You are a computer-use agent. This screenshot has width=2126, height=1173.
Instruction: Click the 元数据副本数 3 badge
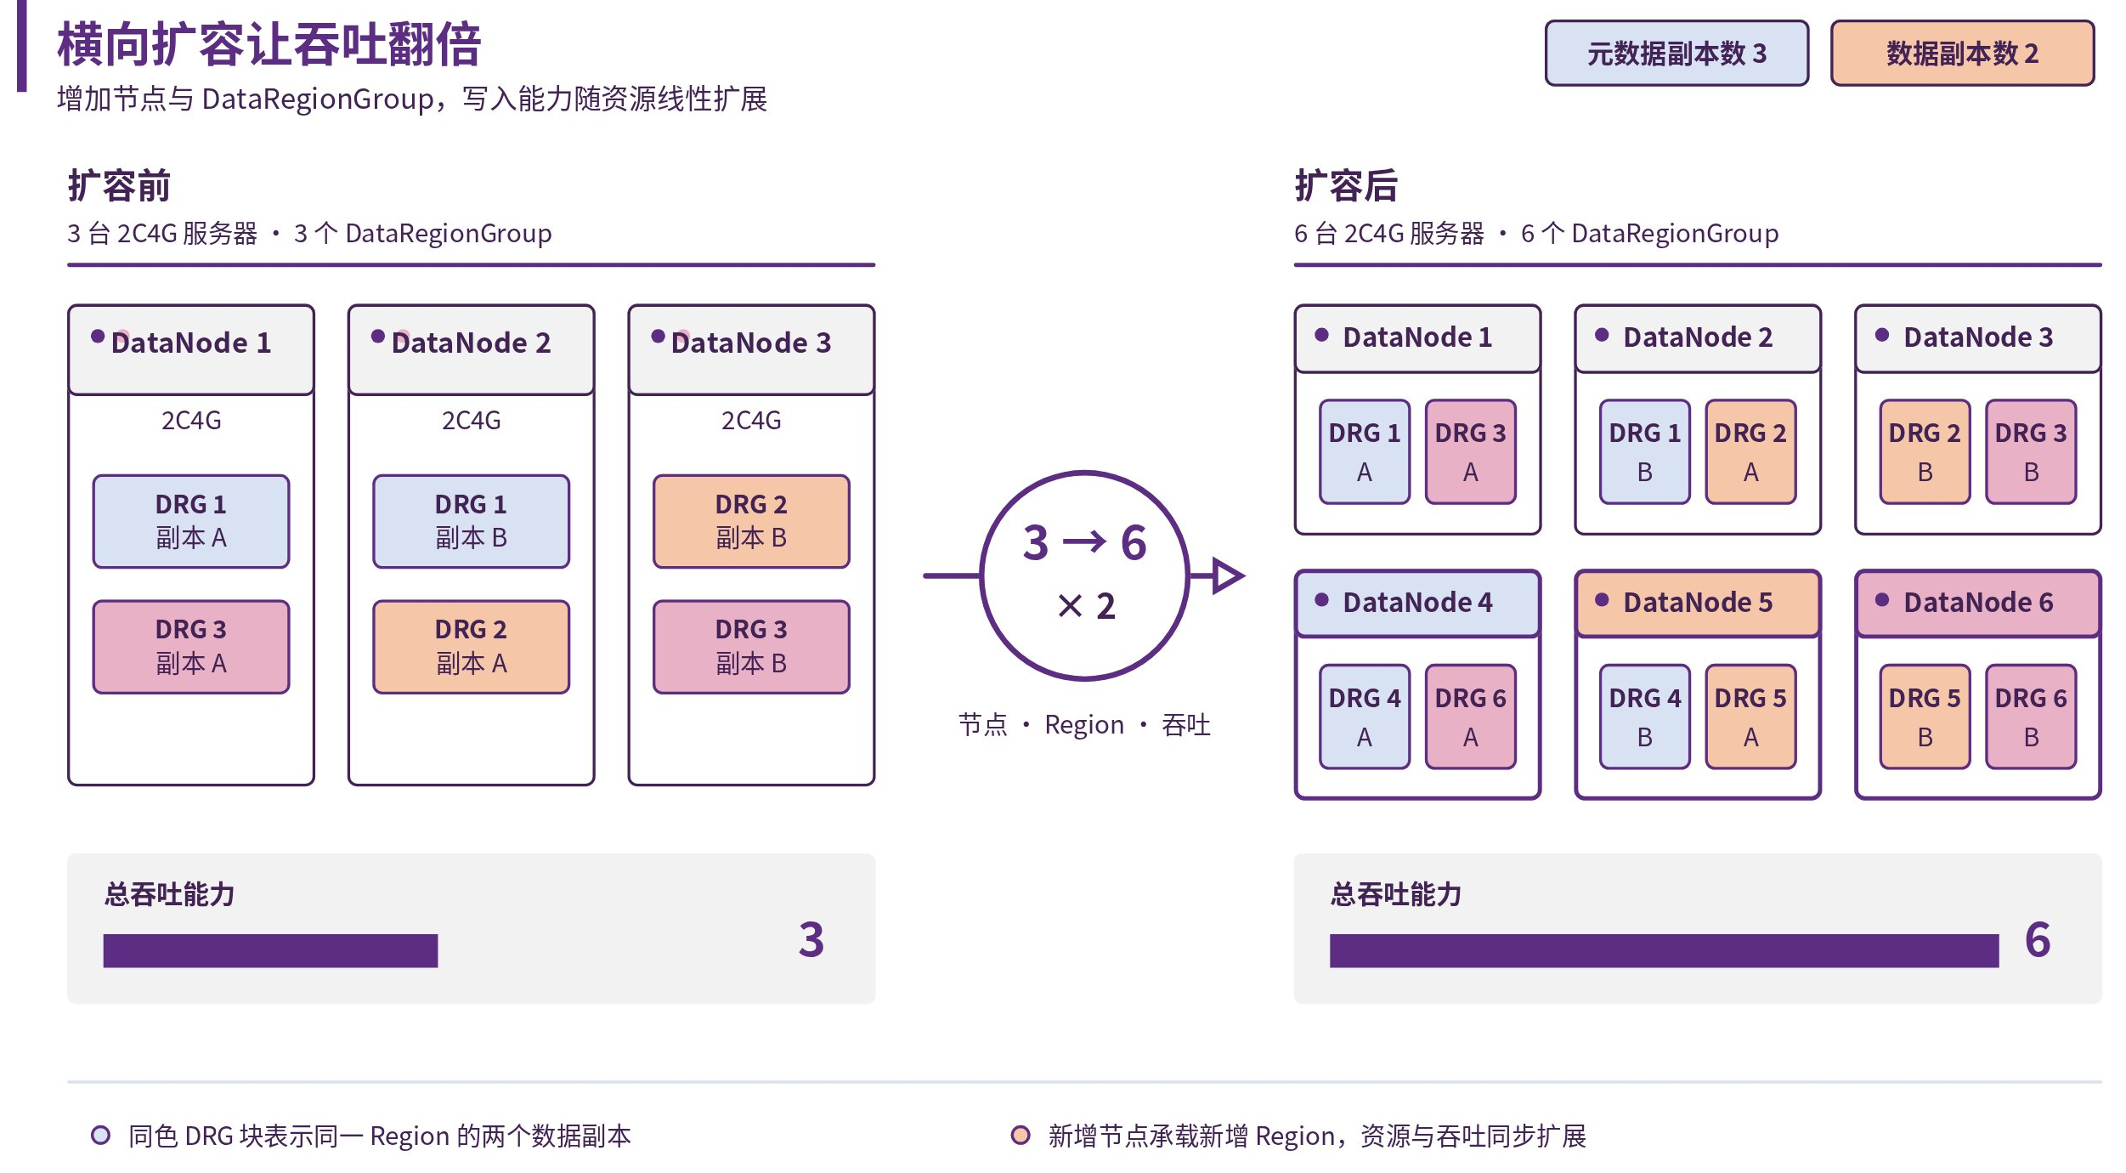point(1676,54)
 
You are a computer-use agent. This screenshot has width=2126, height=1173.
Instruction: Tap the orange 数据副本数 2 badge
point(1961,54)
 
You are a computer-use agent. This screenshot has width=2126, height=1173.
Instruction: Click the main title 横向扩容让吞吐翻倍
point(269,45)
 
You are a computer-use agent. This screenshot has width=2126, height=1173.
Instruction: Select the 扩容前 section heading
point(119,185)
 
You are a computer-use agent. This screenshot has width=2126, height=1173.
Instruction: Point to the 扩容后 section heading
point(1346,185)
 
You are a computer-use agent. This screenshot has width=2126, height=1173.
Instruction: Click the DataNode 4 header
point(1417,603)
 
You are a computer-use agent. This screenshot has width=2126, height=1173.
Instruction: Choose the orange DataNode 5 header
point(1698,603)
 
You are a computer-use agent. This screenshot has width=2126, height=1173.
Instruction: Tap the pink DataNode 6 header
point(1978,603)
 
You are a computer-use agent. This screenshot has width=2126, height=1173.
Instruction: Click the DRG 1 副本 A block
point(191,521)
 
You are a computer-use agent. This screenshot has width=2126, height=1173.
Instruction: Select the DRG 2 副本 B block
point(751,521)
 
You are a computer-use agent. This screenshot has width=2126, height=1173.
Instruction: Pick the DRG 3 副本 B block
point(751,647)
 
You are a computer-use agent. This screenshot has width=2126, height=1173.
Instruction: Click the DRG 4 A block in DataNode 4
point(1365,717)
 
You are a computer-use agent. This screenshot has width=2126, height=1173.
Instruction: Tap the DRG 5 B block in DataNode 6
point(1925,717)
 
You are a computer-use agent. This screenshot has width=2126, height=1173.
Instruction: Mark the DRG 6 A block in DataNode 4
point(1470,717)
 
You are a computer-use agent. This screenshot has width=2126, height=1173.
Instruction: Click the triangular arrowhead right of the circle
point(1227,575)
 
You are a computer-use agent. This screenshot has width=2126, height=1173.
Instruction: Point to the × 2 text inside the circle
point(1086,606)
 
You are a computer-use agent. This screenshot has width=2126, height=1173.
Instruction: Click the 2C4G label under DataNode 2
point(471,421)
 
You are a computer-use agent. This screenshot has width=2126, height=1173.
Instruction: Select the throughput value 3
point(811,940)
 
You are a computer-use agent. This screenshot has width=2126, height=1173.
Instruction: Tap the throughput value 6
point(2038,940)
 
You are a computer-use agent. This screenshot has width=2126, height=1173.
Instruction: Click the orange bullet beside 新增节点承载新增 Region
point(1021,1135)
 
